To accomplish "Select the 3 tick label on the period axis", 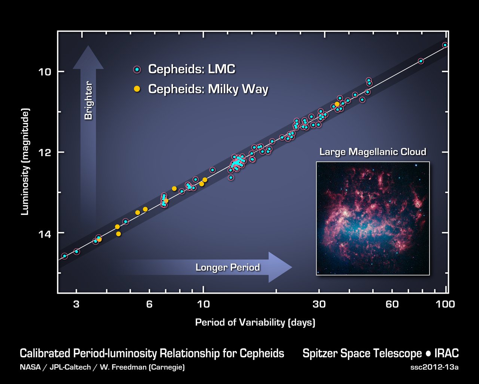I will click(76, 304).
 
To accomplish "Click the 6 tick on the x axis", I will click(149, 304).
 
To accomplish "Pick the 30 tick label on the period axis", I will click(319, 304).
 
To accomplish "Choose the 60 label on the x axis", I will click(392, 304).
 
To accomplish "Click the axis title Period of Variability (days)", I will click(255, 322).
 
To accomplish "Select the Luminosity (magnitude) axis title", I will click(25, 162).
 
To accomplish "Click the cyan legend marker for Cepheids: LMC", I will click(137, 69).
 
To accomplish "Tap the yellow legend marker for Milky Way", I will click(137, 89).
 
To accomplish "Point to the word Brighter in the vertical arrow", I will click(88, 101).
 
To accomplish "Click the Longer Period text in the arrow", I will click(228, 267).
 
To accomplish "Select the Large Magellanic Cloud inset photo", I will click(373, 218).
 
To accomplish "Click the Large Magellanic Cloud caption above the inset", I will click(373, 152).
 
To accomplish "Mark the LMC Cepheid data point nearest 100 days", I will click(445, 45).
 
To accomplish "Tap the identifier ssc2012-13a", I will click(434, 367).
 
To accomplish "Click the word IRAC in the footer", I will click(447, 354).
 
